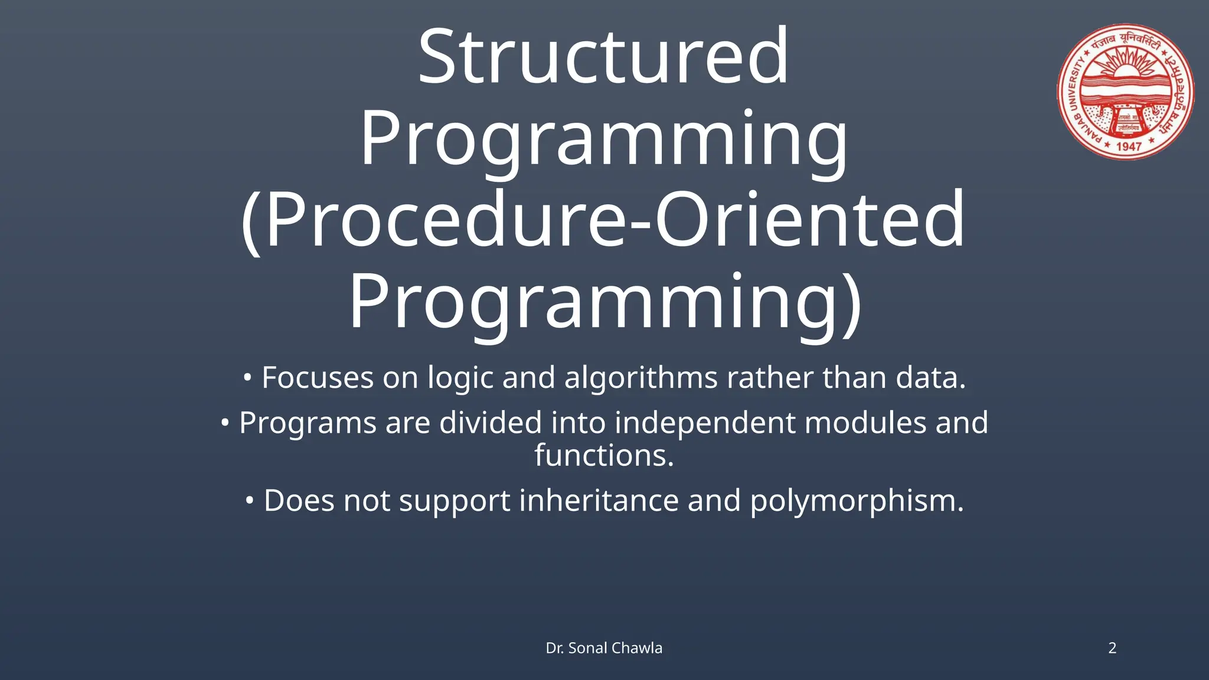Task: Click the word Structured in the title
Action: [x=603, y=57]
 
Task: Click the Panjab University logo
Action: [x=1125, y=92]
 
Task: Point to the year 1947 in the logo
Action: [x=1129, y=146]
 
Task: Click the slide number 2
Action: [x=1112, y=648]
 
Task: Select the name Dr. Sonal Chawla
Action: [x=604, y=648]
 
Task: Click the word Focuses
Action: [x=318, y=378]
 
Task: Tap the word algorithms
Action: [x=641, y=378]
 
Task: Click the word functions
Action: [x=604, y=455]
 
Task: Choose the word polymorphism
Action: [x=856, y=502]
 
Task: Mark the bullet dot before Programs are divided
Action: [x=225, y=423]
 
